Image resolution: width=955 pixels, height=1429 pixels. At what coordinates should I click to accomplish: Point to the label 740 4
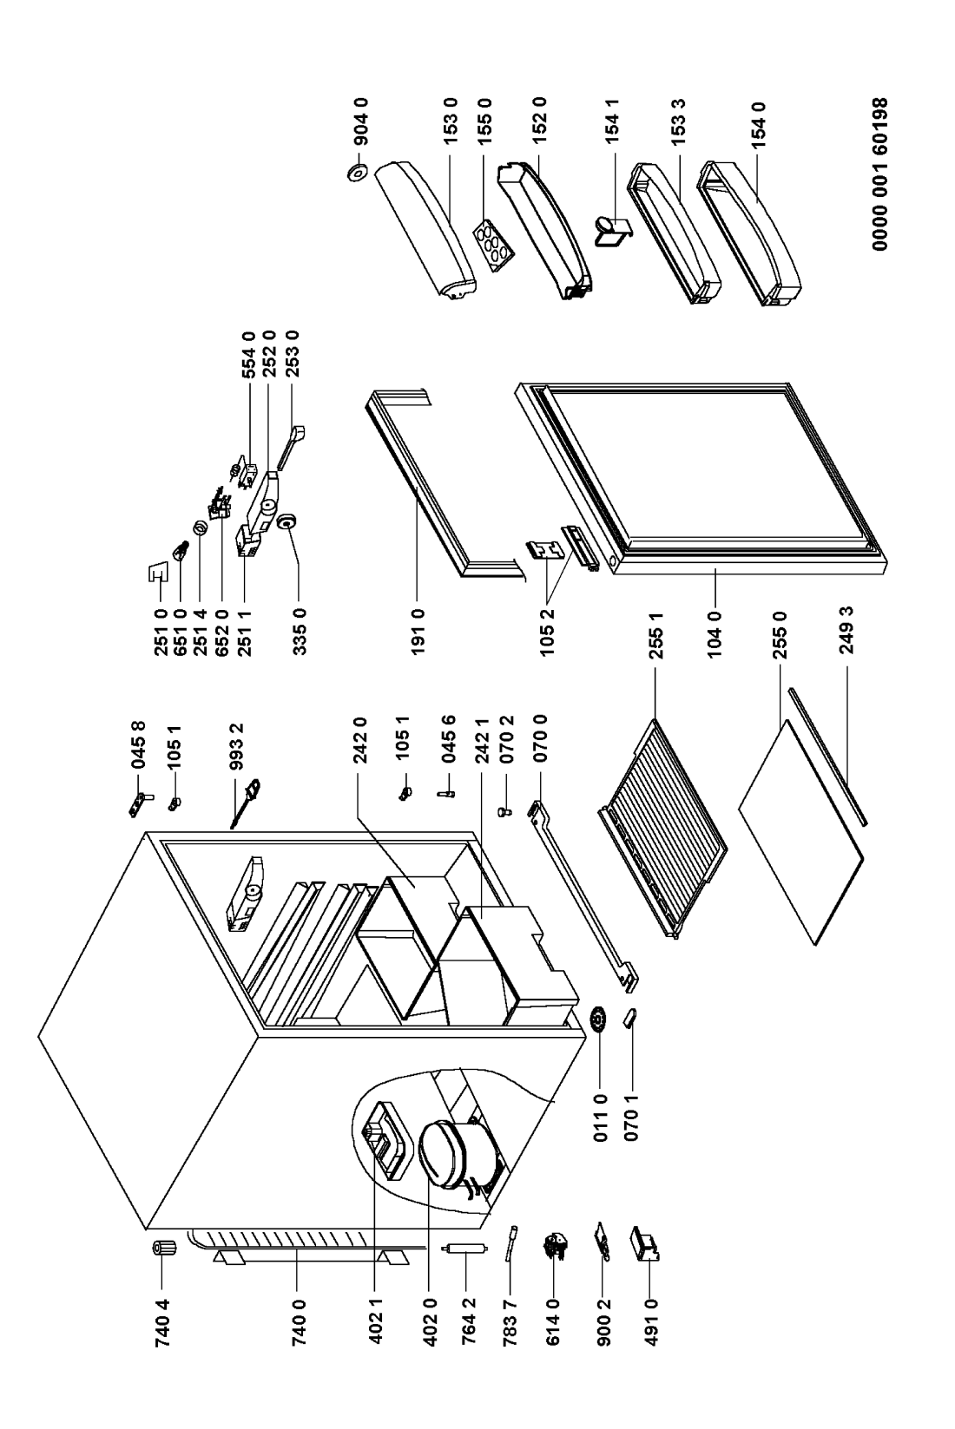(x=162, y=1320)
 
